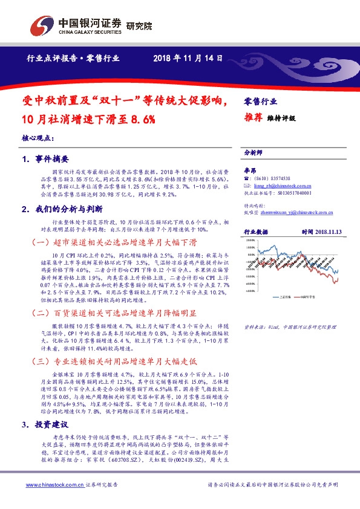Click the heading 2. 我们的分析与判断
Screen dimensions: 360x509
coord(59,209)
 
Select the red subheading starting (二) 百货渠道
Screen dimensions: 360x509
coord(113,313)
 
